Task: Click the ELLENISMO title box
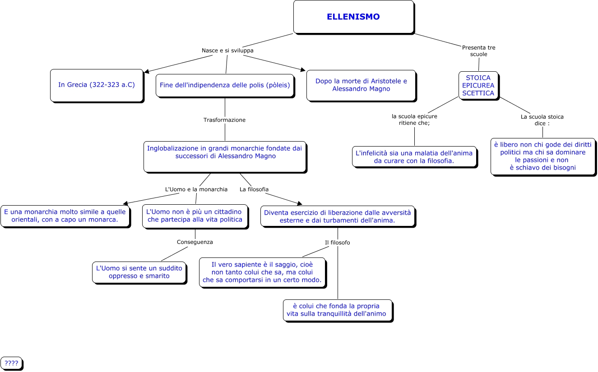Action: click(353, 17)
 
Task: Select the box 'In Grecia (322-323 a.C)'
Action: click(97, 85)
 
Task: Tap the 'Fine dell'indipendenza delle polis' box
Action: click(225, 85)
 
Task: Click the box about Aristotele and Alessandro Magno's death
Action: click(361, 85)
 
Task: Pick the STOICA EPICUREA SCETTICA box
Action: click(478, 85)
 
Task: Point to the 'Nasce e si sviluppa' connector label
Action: click(227, 51)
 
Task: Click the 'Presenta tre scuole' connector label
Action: click(478, 51)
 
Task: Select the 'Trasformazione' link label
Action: click(224, 120)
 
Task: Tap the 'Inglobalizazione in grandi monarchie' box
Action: click(225, 156)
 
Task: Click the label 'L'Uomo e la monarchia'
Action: click(196, 189)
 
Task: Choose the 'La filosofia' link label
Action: click(254, 189)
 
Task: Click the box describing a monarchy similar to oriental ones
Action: click(65, 216)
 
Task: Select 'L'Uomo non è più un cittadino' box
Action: click(195, 216)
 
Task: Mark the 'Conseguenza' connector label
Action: click(195, 242)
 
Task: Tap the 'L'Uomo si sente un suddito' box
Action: click(139, 272)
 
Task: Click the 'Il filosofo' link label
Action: click(337, 243)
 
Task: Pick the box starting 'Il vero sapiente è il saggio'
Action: click(262, 272)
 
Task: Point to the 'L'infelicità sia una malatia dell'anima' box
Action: click(414, 156)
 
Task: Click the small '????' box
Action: click(11, 363)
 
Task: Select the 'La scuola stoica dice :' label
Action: click(542, 120)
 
